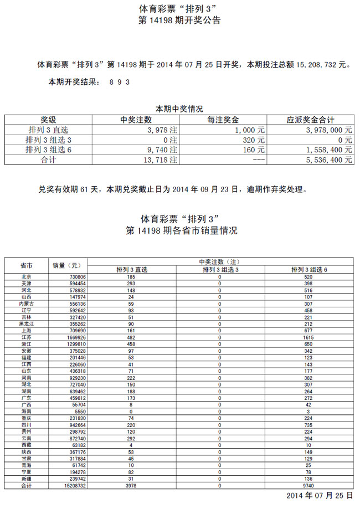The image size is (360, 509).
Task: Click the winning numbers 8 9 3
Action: tap(120, 81)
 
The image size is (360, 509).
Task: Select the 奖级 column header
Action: tap(48, 120)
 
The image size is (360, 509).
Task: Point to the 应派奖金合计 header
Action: tap(310, 120)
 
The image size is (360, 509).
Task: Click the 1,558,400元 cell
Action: tap(329, 150)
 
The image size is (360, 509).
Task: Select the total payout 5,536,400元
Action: tap(329, 160)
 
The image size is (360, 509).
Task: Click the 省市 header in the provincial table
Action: tap(26, 265)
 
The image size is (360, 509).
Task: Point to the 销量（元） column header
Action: tap(66, 265)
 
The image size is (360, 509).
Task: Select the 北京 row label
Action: tap(26, 276)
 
